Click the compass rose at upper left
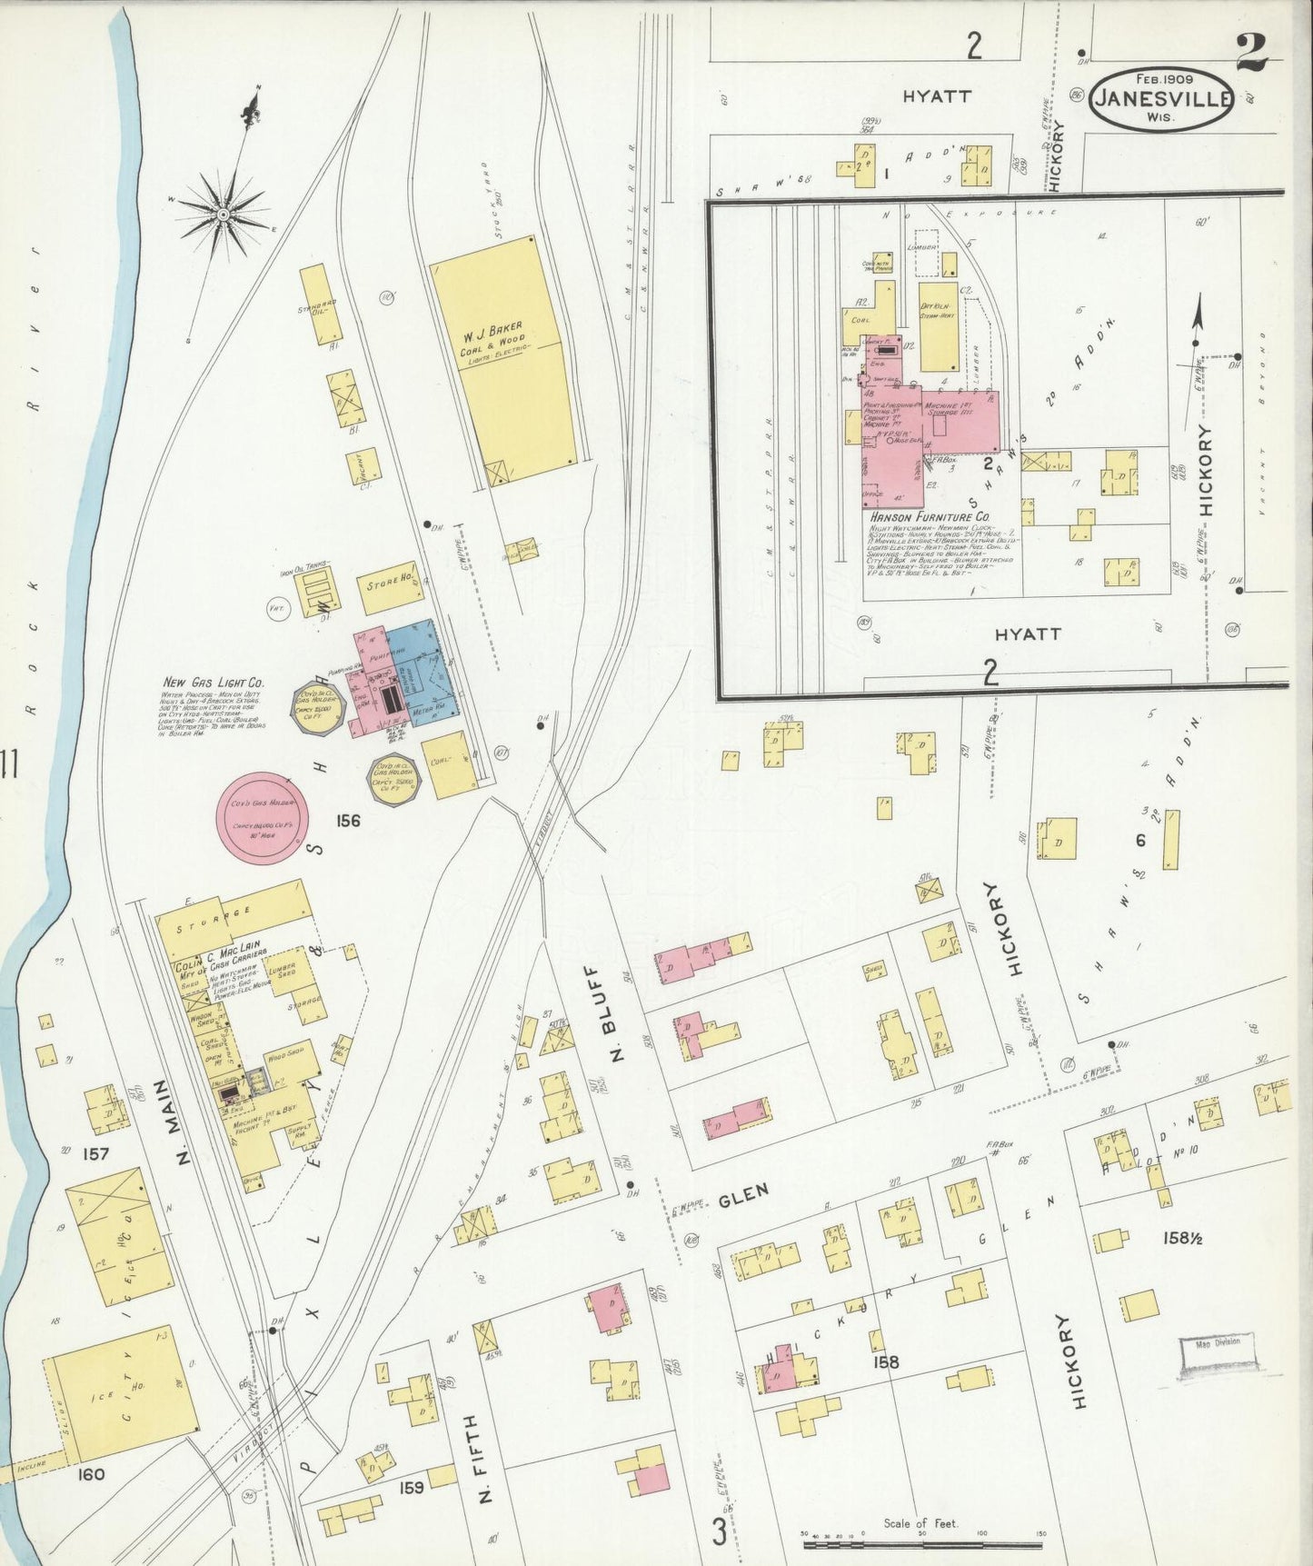(x=223, y=214)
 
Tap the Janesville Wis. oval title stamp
(x=1162, y=99)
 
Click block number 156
(x=347, y=821)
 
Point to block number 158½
(x=1183, y=1237)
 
